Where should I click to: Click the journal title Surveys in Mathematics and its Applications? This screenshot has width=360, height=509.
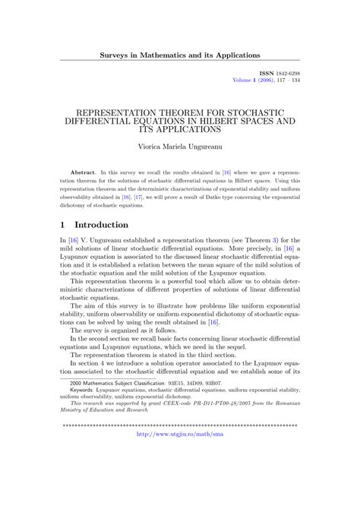pos(180,55)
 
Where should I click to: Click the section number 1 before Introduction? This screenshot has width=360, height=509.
pos(63,225)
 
